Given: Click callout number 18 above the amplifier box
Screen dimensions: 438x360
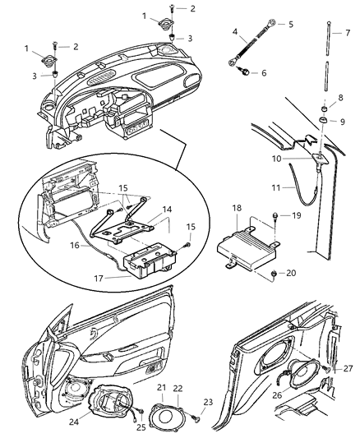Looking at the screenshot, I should pyautogui.click(x=238, y=210).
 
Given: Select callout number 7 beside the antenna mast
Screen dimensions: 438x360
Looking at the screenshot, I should pyautogui.click(x=346, y=34).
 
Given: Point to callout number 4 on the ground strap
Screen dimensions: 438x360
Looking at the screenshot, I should pyautogui.click(x=235, y=33).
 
